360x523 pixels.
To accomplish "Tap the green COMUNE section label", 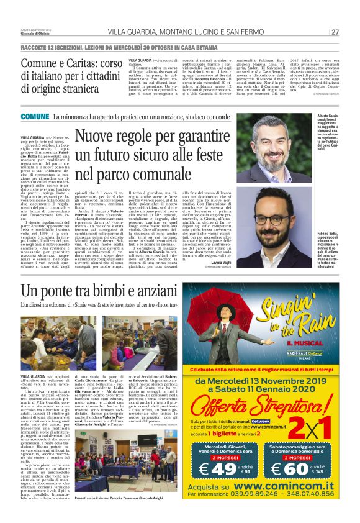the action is coord(35,117).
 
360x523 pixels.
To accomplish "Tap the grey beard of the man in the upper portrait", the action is coord(272,163).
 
